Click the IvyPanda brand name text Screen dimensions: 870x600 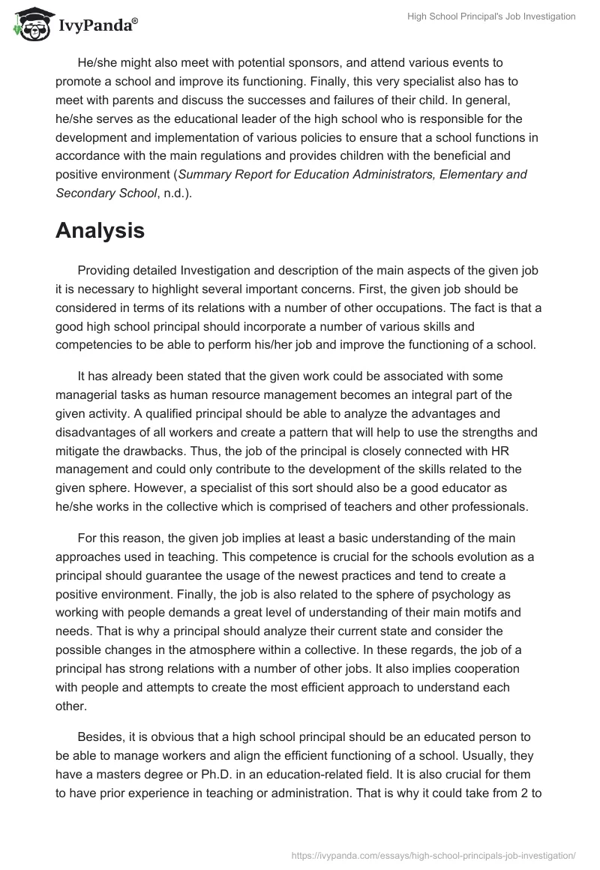click(97, 25)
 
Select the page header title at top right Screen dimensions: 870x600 click(491, 16)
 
